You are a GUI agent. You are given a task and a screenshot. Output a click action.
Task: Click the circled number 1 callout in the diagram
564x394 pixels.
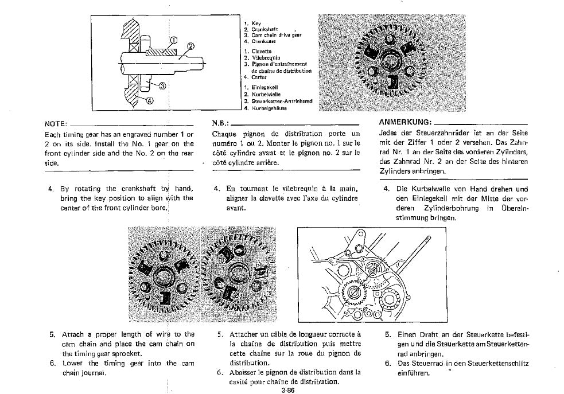pyautogui.click(x=172, y=40)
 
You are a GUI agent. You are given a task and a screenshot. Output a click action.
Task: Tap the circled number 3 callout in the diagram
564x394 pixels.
pyautogui.click(x=162, y=86)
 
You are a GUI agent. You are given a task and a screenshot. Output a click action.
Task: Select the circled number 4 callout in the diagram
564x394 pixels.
pyautogui.click(x=150, y=100)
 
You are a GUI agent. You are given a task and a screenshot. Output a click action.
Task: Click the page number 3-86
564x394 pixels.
pyautogui.click(x=288, y=389)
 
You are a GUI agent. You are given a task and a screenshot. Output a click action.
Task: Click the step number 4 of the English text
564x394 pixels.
pyautogui.click(x=50, y=189)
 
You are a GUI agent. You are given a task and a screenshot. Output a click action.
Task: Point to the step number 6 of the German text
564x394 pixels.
pyautogui.click(x=388, y=364)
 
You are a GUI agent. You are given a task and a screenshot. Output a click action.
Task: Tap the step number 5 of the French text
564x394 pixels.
pyautogui.click(x=220, y=334)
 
